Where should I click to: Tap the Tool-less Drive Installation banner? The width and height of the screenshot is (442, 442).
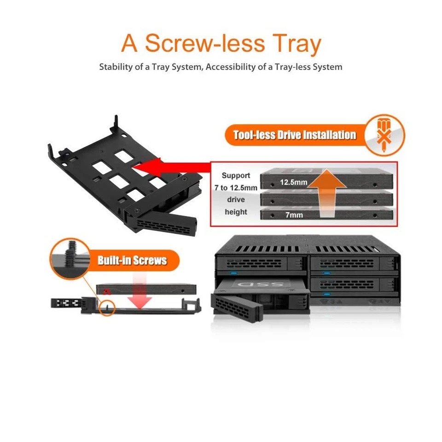pos(295,135)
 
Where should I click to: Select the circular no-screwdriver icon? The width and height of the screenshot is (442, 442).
pos(384,135)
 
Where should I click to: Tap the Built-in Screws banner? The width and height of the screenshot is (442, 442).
pos(132,261)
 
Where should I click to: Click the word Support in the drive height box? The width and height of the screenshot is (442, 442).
pos(236,175)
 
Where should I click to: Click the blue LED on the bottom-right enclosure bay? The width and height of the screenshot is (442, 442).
pos(327,293)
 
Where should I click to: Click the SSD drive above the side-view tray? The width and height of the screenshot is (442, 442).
pos(146,289)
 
